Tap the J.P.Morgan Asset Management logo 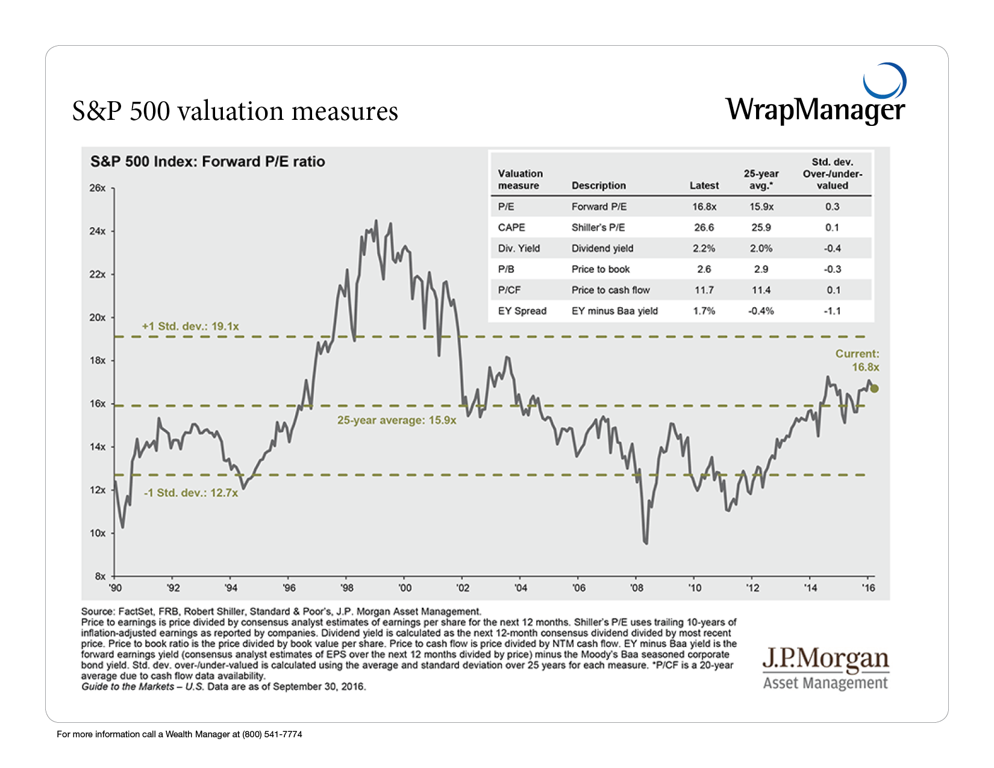coord(825,668)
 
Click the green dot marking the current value coord(874,389)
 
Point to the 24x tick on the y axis coord(98,231)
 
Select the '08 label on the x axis coord(636,588)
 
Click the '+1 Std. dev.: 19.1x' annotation coord(190,326)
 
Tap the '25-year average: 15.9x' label coord(396,420)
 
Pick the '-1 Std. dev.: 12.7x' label coord(190,493)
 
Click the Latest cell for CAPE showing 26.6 coord(704,228)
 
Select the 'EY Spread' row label coord(522,311)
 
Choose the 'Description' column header coord(598,186)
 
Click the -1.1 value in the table coord(832,311)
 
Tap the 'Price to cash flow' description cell coord(610,290)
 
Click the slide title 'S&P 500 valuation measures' coord(235,111)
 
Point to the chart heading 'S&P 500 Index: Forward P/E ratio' coord(208,161)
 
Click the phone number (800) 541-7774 coord(272,734)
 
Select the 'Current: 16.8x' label coord(857,360)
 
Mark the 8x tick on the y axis coord(100,576)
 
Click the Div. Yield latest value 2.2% coord(704,248)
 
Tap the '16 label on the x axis coord(867,588)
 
